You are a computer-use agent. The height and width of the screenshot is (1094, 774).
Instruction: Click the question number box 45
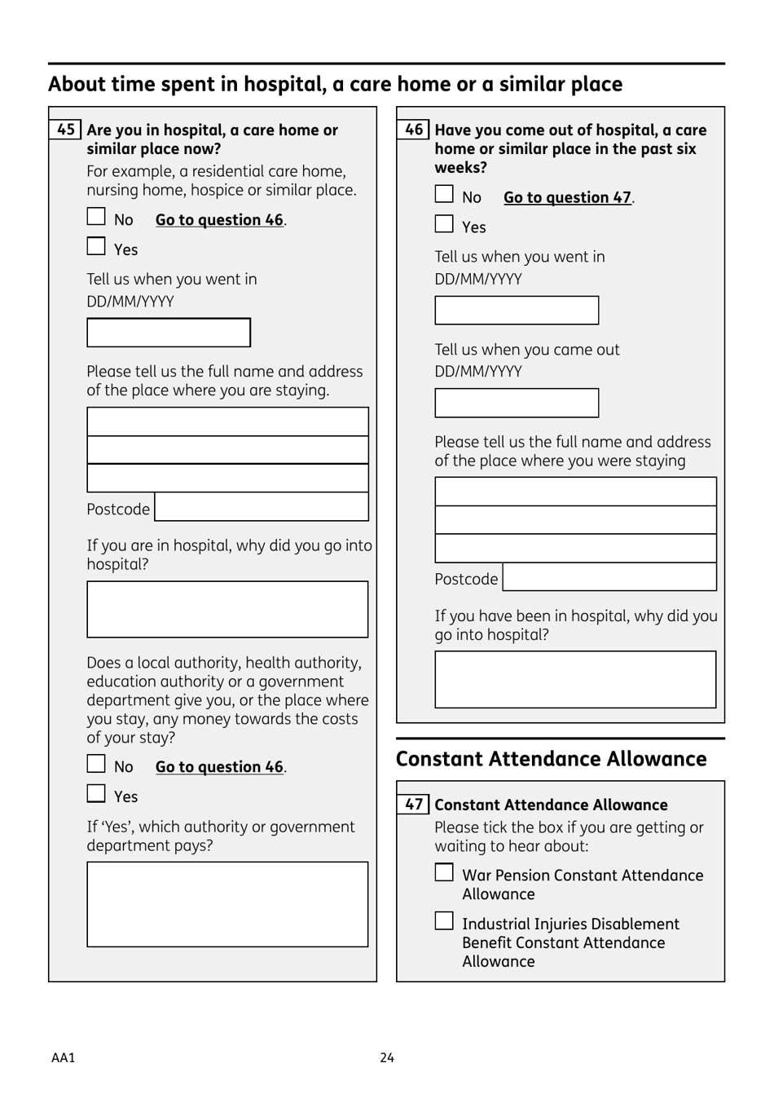tap(66, 130)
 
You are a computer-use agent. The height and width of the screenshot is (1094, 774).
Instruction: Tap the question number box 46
tap(414, 130)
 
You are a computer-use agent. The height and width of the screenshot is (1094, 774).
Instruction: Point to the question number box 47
tap(414, 805)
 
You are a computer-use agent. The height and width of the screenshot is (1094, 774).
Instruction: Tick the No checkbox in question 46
tap(444, 194)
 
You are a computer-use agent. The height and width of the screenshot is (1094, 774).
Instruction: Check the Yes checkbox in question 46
tap(444, 224)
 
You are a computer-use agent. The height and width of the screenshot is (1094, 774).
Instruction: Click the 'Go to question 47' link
tap(567, 197)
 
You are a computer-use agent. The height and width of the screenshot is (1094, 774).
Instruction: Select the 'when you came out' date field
tap(517, 403)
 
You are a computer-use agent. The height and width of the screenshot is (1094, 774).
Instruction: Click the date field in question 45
tap(169, 333)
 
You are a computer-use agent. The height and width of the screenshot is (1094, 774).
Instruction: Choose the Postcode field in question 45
tap(262, 507)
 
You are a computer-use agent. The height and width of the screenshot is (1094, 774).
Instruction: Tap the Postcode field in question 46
tap(609, 577)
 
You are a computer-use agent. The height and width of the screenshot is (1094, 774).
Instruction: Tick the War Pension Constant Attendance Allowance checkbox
tap(444, 872)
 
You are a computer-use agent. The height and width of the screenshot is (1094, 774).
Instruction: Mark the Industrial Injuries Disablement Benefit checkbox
tap(444, 921)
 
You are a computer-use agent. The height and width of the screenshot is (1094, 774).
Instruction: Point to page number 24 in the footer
tap(387, 1057)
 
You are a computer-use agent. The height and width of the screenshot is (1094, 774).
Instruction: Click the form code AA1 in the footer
tap(63, 1057)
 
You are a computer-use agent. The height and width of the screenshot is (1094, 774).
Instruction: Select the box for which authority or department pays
tap(227, 904)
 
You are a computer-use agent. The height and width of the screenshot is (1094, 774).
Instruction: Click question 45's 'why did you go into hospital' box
tap(227, 609)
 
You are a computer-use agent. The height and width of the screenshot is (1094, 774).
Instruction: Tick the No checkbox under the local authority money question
tap(96, 764)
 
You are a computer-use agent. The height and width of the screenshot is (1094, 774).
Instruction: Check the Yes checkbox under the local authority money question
tap(96, 793)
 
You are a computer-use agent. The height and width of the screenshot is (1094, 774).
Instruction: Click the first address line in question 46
tap(575, 492)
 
